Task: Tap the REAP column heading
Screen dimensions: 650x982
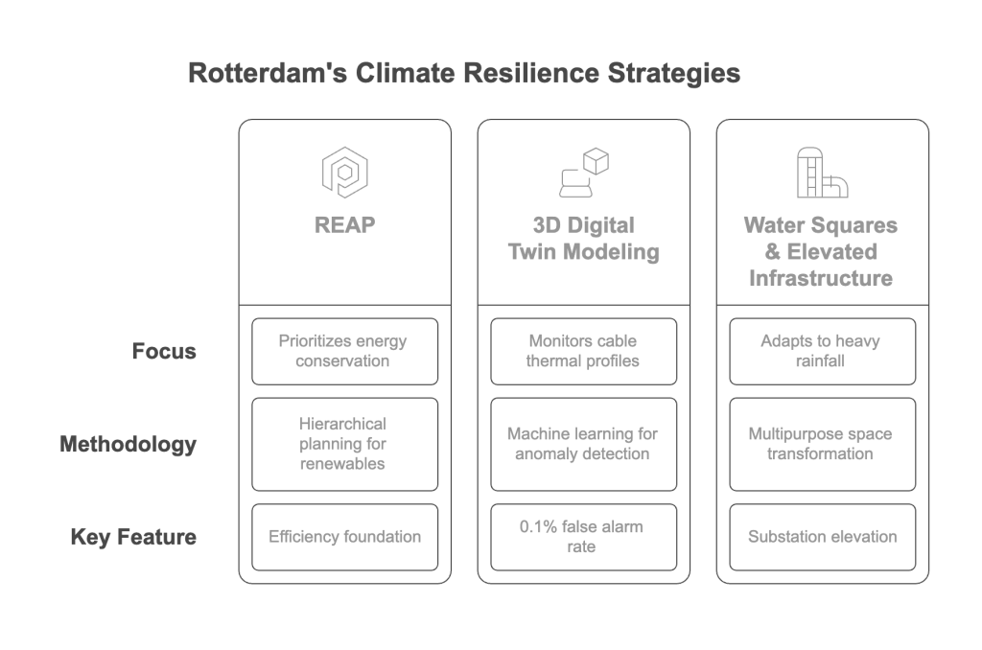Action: click(344, 227)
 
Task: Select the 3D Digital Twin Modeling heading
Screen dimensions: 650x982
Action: click(583, 240)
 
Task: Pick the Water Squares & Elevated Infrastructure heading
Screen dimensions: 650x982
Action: click(822, 252)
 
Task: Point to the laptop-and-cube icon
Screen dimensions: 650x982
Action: click(584, 173)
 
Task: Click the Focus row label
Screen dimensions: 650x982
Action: click(164, 351)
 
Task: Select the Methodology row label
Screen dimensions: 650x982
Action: click(128, 444)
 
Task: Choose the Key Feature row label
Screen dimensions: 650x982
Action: click(133, 536)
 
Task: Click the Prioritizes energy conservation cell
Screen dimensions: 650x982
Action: click(344, 351)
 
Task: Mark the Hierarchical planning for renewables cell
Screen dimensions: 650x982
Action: click(344, 444)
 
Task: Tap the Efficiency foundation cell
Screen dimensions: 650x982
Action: click(344, 537)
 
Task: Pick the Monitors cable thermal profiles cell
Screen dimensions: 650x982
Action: click(583, 351)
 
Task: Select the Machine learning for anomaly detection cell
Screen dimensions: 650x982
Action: click(583, 444)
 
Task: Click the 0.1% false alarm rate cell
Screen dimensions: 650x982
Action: click(583, 537)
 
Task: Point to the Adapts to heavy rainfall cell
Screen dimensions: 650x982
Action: click(822, 351)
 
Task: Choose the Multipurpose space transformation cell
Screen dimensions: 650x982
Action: click(822, 444)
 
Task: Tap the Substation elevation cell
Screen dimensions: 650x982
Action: click(822, 537)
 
